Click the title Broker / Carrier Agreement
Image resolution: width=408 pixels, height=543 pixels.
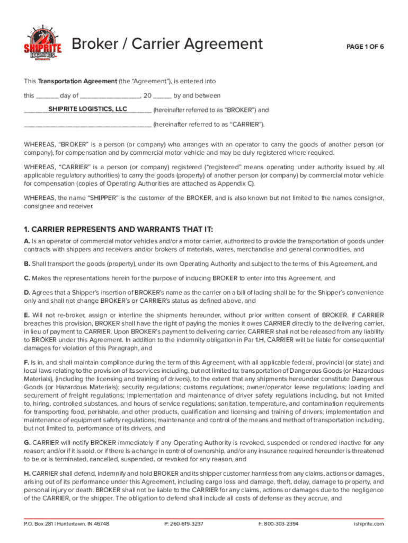point(167,43)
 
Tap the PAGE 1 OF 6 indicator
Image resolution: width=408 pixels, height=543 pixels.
point(365,47)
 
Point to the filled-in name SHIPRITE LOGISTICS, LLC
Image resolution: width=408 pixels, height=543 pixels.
point(87,109)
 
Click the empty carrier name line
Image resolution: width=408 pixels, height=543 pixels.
point(87,125)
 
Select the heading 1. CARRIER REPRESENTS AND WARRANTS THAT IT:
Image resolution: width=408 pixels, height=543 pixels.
point(118,229)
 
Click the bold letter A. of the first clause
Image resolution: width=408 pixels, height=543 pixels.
point(27,241)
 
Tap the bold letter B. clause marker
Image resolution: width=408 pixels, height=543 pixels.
point(27,264)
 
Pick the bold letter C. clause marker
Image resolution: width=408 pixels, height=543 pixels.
point(27,278)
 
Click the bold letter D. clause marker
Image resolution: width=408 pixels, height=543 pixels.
point(27,292)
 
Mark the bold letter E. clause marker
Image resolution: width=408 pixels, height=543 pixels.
point(27,315)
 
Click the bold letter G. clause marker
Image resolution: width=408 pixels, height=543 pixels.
point(27,442)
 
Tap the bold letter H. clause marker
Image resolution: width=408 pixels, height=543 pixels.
point(27,473)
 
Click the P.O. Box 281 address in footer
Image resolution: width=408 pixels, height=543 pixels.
point(67,523)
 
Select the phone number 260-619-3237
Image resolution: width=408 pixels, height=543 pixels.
point(184,523)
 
